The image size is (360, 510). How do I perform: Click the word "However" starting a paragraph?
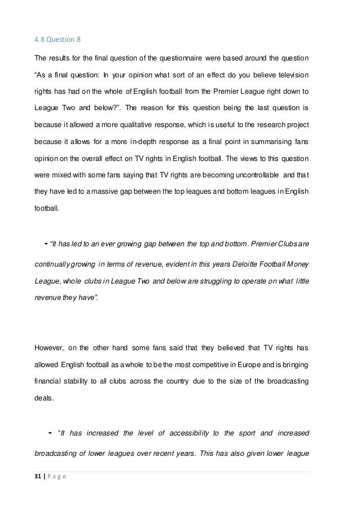(50, 345)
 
